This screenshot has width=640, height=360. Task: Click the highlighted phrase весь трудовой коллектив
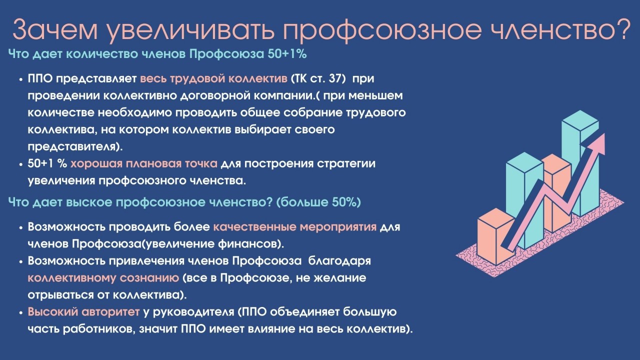[213, 79]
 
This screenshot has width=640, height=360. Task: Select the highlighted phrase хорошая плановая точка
[143, 163]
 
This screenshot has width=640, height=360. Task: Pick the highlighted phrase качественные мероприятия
[294, 226]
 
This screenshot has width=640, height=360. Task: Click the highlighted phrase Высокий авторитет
[83, 312]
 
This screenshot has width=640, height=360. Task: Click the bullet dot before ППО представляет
[21, 80]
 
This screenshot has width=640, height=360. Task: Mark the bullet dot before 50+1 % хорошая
[21, 164]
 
